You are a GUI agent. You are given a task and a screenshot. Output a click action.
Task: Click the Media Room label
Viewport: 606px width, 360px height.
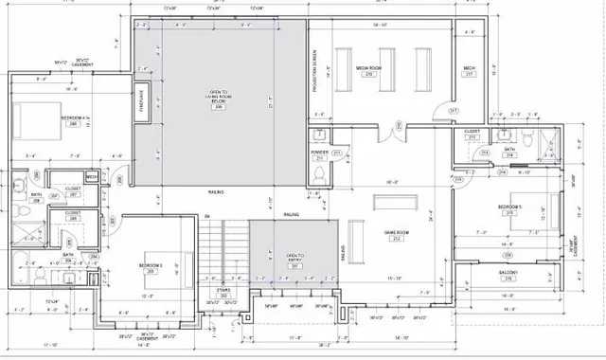click(x=367, y=68)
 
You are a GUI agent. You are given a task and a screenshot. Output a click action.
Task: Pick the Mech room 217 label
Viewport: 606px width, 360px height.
click(x=469, y=70)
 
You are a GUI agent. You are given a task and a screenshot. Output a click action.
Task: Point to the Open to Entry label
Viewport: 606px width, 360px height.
click(x=294, y=259)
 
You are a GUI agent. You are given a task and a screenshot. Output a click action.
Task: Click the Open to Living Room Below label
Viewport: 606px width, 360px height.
click(x=220, y=97)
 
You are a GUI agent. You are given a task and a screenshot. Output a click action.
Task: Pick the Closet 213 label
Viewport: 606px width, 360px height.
click(x=472, y=134)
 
